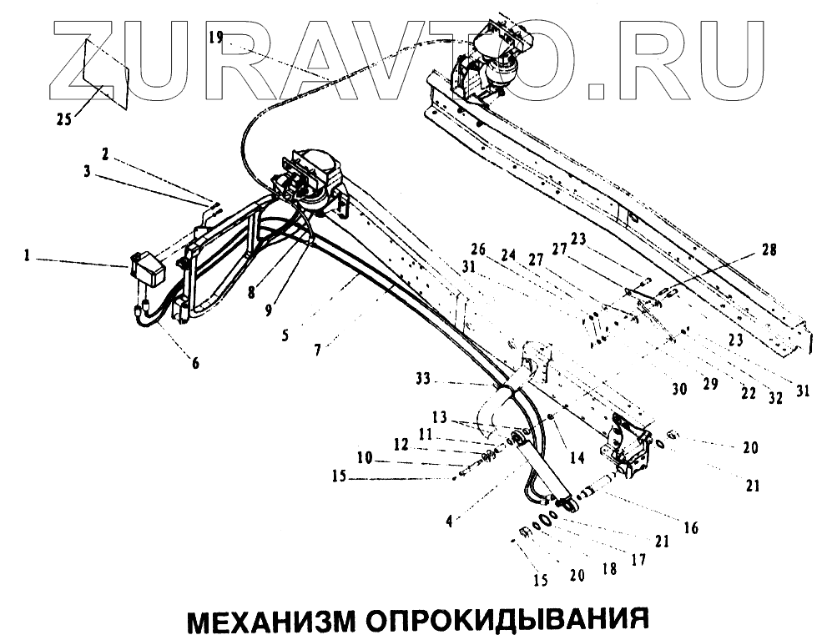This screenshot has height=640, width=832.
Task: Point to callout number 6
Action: click(194, 363)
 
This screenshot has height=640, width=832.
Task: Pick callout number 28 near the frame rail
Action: click(767, 248)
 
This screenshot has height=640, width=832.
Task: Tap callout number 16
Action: click(692, 527)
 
